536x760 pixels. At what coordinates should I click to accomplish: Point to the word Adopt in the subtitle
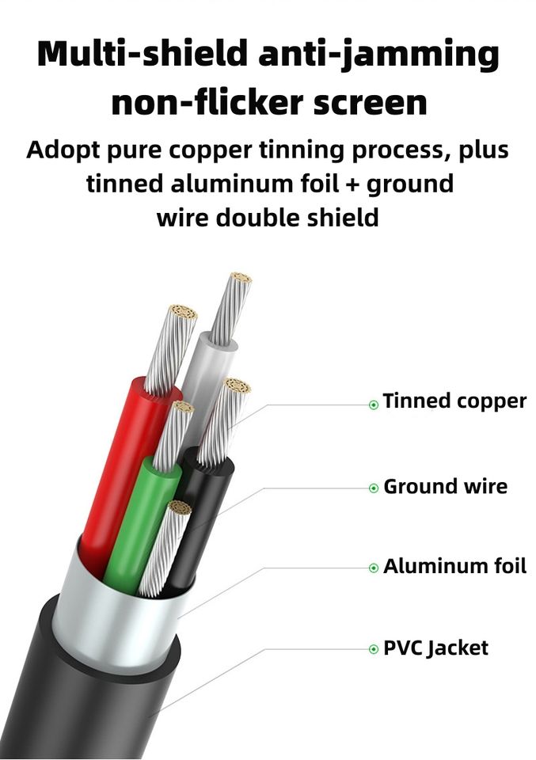(64, 150)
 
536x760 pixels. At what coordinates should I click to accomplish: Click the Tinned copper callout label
(454, 401)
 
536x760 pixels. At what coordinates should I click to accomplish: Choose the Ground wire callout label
(445, 486)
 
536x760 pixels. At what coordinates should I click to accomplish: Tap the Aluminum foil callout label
(454, 567)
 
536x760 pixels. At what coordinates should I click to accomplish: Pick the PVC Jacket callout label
(435, 648)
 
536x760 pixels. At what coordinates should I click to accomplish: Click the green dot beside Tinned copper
(374, 405)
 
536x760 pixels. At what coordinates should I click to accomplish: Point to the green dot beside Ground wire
(374, 488)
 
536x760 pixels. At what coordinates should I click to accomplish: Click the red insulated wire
(115, 467)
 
